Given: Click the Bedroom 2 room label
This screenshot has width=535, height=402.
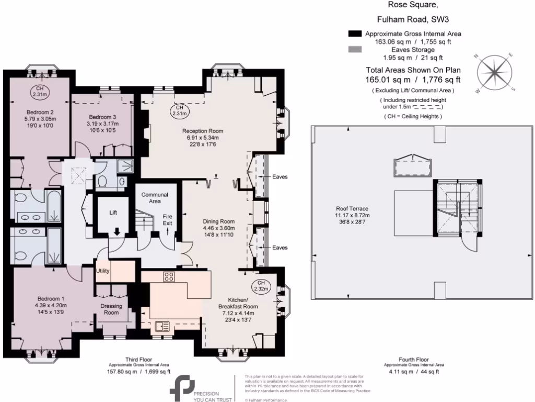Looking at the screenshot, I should click(x=40, y=112).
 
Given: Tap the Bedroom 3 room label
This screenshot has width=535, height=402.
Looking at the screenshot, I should click(x=102, y=117).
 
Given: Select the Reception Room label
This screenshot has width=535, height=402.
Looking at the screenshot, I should click(x=202, y=131).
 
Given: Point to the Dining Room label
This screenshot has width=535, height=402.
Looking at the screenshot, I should click(x=219, y=221).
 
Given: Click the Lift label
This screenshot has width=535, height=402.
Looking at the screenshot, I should click(x=113, y=213).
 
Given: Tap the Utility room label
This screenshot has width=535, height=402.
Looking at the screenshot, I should click(x=102, y=271).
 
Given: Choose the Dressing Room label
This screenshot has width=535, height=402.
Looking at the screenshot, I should click(x=111, y=309).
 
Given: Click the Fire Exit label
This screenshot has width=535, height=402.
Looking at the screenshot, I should click(x=168, y=220).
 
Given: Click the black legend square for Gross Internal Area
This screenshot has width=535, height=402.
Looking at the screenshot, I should click(x=355, y=33).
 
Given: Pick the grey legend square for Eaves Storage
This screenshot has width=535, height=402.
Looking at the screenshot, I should click(x=355, y=50).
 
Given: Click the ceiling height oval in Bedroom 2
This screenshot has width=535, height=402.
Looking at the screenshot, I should click(x=40, y=91).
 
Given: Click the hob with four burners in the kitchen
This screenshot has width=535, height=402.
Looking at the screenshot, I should click(x=170, y=277).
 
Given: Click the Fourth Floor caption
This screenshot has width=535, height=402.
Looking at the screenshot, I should click(x=414, y=360).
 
